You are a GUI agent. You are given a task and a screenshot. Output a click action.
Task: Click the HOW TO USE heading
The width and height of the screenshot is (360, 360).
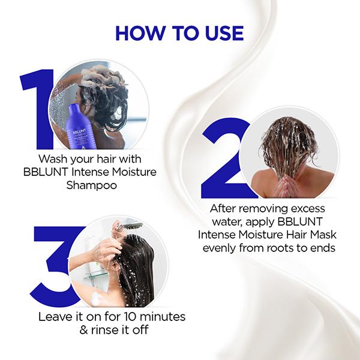(180, 33)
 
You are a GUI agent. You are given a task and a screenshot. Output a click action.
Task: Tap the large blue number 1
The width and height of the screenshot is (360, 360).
(37, 108)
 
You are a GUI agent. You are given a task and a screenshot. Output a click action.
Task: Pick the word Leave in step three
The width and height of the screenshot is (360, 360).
(53, 316)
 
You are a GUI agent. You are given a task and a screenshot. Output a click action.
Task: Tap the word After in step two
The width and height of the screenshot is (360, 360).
(226, 209)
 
